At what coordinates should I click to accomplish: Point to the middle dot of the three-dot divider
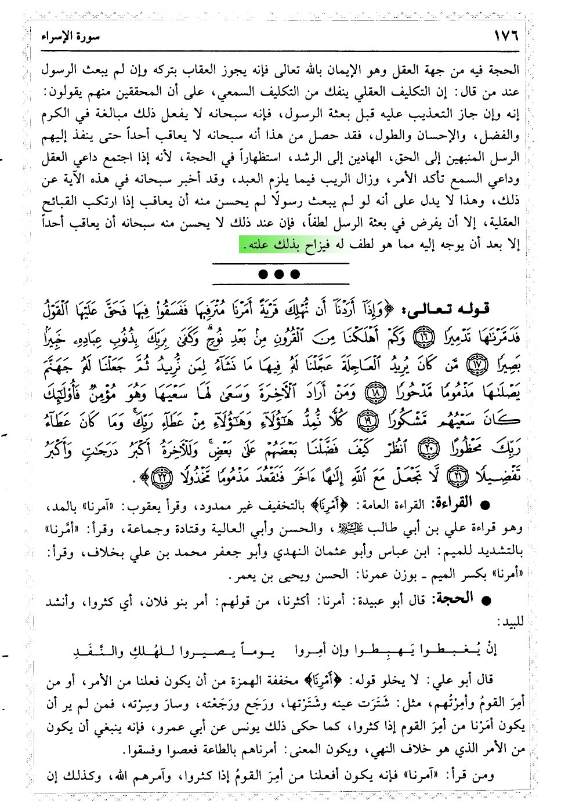tap(280, 274)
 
